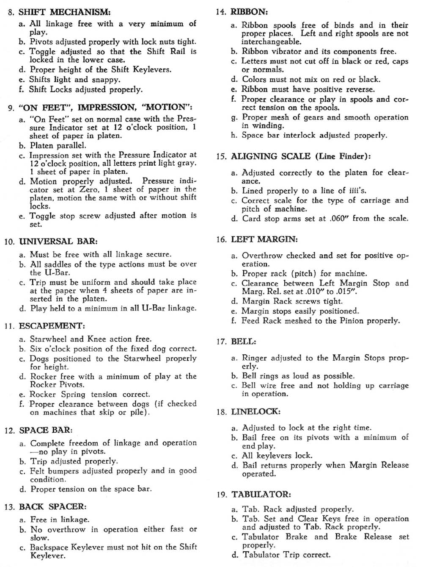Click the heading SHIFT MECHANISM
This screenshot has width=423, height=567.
pyautogui.click(x=65, y=11)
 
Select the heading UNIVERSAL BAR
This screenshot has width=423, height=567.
pyautogui.click(x=58, y=242)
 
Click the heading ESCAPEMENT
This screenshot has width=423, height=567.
pyautogui.click(x=52, y=326)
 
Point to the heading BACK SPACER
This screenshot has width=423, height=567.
pyautogui.click(x=53, y=506)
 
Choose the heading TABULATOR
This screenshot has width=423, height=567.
pyautogui.click(x=261, y=495)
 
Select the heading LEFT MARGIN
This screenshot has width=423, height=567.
pyautogui.click(x=264, y=239)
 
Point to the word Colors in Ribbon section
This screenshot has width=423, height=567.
pyautogui.click(x=255, y=79)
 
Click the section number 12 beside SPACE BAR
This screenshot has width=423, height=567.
pyautogui.click(x=10, y=431)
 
